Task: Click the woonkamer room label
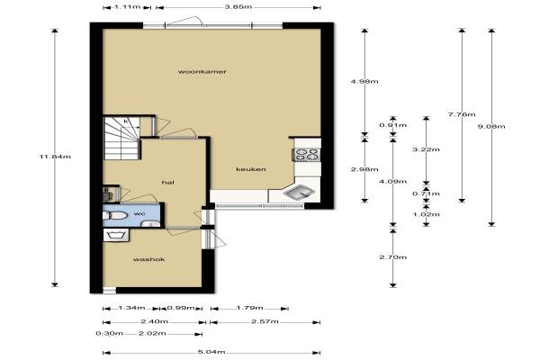202,72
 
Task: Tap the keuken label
251,169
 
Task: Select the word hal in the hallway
168,183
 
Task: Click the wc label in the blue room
139,213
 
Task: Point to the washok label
148,259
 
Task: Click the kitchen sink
299,193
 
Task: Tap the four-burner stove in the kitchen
307,154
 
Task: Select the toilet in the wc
115,216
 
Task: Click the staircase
121,138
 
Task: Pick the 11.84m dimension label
56,157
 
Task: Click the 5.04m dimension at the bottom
211,352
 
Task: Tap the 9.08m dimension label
491,126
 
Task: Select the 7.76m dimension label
462,114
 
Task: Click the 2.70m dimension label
393,257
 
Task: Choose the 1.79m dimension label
249,308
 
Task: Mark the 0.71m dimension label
426,193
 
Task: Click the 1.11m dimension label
127,6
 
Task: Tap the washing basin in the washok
116,235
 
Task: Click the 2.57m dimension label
265,321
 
